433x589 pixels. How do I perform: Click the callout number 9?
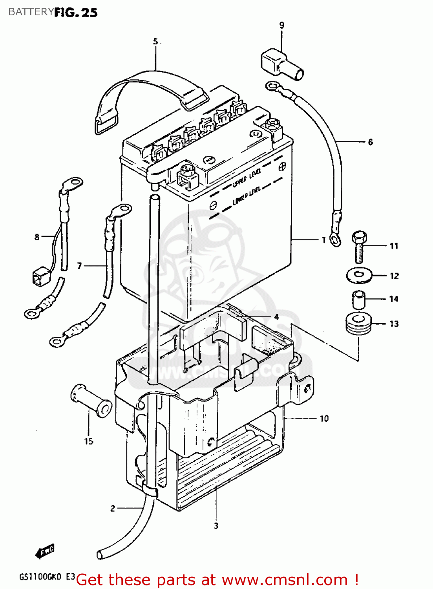coord(282,25)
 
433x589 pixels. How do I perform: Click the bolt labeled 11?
coord(359,246)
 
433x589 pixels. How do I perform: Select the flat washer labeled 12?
coord(359,276)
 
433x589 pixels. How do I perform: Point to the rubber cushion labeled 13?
coord(359,324)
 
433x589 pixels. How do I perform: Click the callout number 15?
coord(89,441)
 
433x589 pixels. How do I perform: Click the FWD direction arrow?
coord(45,551)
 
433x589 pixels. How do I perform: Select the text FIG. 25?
coord(76,13)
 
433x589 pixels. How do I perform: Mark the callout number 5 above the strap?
coord(155,41)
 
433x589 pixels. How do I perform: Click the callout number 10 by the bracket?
coord(324,419)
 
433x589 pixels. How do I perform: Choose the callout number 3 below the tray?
coord(216,526)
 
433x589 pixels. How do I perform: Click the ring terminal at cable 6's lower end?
coord(335,239)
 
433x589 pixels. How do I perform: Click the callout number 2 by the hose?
coord(113,508)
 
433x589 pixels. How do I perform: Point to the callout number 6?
coord(370,142)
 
